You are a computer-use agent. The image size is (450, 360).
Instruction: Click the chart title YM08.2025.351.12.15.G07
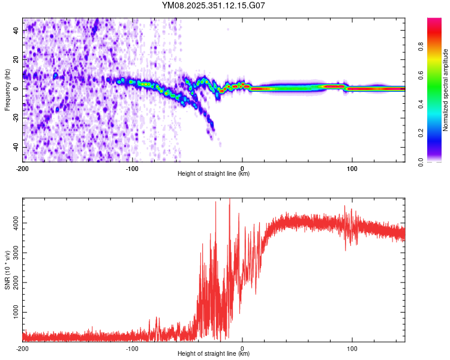click(214, 6)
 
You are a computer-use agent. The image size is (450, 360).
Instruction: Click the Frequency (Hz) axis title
click(7, 90)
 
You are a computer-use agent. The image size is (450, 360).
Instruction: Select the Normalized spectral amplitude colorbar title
click(446, 90)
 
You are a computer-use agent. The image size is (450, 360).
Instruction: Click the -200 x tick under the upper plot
click(23, 169)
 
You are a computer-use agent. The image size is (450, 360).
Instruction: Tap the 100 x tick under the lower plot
click(352, 349)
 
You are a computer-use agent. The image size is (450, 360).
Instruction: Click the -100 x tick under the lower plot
click(133, 349)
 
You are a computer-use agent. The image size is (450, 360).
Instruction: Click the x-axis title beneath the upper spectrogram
click(214, 174)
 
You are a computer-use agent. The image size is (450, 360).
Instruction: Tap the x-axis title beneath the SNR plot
click(214, 354)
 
